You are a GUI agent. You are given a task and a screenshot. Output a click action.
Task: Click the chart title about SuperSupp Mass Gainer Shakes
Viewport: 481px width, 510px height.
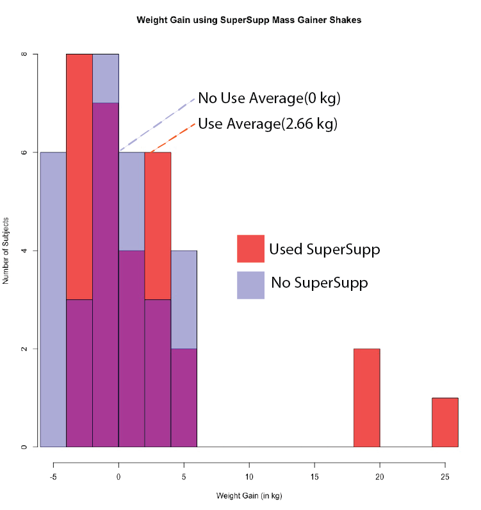tap(249, 20)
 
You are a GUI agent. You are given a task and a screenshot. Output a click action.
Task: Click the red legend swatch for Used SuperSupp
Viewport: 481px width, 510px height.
tap(250, 249)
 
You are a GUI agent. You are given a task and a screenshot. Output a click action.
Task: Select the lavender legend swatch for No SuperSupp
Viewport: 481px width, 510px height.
tap(250, 285)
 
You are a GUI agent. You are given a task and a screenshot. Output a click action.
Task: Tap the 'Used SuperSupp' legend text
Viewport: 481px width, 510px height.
tap(324, 249)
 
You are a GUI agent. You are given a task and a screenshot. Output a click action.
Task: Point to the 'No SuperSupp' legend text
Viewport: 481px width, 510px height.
tap(319, 283)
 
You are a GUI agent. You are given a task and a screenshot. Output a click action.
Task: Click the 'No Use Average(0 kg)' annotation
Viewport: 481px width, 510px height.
tap(269, 99)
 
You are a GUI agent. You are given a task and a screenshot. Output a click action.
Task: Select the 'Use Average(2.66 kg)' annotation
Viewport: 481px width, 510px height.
tap(267, 124)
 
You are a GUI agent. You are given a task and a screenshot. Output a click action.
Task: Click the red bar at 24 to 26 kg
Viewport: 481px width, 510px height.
tap(445, 422)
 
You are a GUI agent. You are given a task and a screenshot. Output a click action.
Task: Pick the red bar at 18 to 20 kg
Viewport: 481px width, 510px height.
tap(366, 398)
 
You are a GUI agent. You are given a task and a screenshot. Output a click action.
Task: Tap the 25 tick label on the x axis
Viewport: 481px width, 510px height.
tap(445, 477)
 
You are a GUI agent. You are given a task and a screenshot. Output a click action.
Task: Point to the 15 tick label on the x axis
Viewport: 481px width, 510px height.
tap(314, 477)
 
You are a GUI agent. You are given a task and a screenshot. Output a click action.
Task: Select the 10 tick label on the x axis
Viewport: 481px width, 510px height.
tap(249, 477)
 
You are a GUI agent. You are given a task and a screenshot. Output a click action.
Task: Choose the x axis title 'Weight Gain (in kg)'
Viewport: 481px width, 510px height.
tap(249, 496)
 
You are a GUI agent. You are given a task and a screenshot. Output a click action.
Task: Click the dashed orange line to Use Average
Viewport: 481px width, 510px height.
tap(171, 138)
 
